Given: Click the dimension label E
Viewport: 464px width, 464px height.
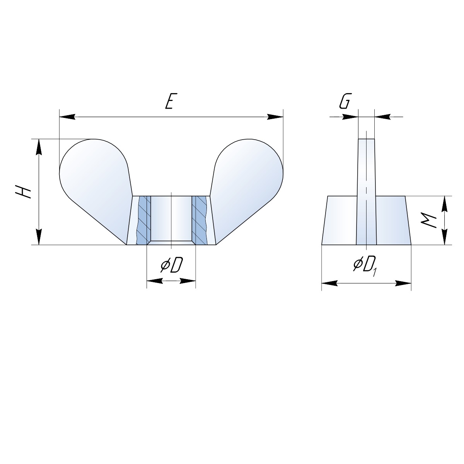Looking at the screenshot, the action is pyautogui.click(x=170, y=101).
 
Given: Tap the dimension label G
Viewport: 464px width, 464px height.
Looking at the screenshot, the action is pyautogui.click(x=345, y=101).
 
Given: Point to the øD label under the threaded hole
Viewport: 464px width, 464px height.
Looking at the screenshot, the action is pyautogui.click(x=172, y=265).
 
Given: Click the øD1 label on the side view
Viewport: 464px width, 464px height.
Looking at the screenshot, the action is pyautogui.click(x=365, y=266).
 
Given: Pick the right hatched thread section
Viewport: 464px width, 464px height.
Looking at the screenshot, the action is pyautogui.click(x=199, y=220).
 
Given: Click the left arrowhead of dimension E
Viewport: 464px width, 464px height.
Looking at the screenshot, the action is pyautogui.click(x=67, y=117).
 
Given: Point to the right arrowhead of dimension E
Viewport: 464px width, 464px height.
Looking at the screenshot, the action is pyautogui.click(x=275, y=117).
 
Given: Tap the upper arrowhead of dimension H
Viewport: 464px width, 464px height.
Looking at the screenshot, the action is pyautogui.click(x=39, y=147).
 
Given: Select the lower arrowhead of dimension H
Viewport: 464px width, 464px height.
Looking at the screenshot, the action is pyautogui.click(x=39, y=237).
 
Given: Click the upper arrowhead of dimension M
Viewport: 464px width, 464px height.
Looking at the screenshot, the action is pyautogui.click(x=445, y=204).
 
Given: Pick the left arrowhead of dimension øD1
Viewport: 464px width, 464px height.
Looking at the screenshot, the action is pyautogui.click(x=329, y=283).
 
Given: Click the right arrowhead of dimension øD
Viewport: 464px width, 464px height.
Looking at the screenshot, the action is pyautogui.click(x=188, y=281).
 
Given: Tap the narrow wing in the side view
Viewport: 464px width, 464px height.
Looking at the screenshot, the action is pyautogui.click(x=366, y=192).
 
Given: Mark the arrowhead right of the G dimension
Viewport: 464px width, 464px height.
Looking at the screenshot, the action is pyautogui.click(x=382, y=117).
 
